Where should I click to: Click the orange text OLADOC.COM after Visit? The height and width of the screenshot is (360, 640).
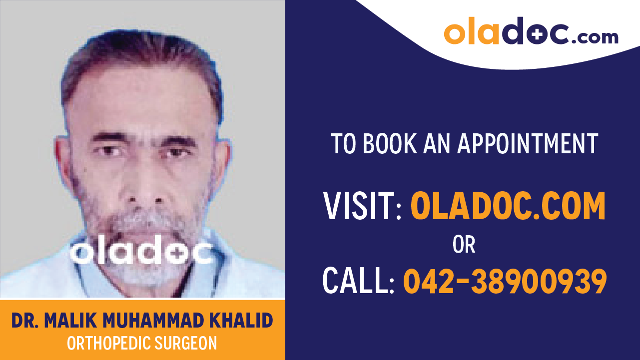pyautogui.click(x=508, y=207)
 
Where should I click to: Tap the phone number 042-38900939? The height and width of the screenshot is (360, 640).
pyautogui.click(x=505, y=281)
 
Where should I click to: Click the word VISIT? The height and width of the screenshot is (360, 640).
pyautogui.click(x=363, y=207)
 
